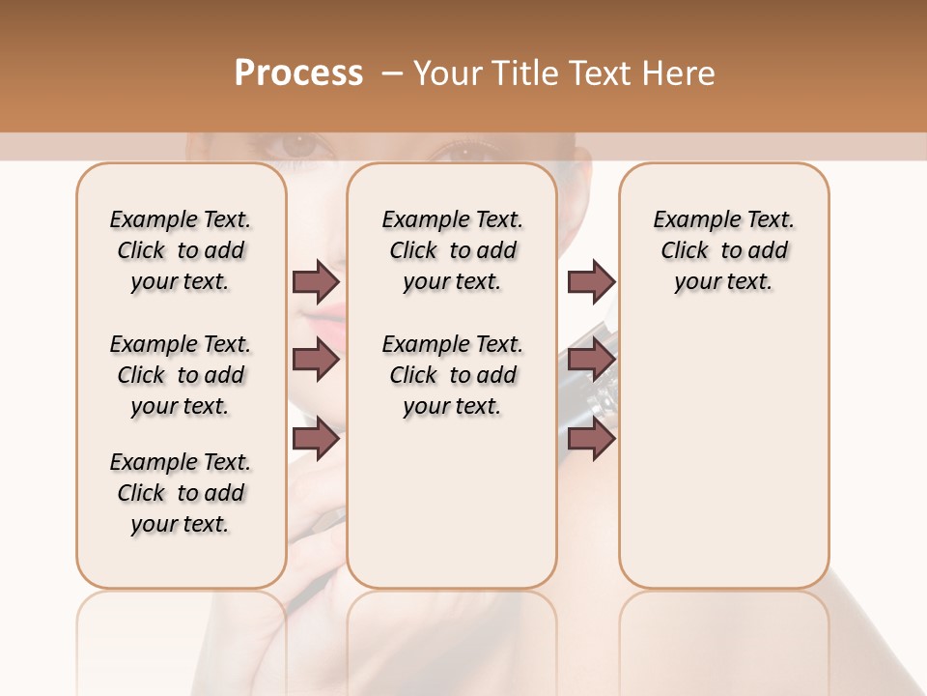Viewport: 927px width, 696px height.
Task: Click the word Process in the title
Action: point(298,73)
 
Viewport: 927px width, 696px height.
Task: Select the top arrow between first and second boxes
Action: point(316,282)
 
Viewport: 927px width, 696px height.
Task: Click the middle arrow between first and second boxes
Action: point(316,361)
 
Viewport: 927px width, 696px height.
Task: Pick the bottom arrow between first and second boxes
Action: point(316,439)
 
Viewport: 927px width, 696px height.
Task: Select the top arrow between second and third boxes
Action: point(591,282)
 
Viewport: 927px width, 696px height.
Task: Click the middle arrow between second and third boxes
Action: point(591,361)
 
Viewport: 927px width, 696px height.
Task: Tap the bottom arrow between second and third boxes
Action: point(591,439)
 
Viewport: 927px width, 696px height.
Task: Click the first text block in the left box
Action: point(181,250)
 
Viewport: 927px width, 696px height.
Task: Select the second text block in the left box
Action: point(181,375)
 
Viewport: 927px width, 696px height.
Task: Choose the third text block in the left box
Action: point(181,493)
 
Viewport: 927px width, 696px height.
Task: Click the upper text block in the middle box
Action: point(452,250)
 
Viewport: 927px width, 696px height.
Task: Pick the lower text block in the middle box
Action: point(452,375)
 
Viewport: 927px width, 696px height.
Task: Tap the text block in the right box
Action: point(723,250)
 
